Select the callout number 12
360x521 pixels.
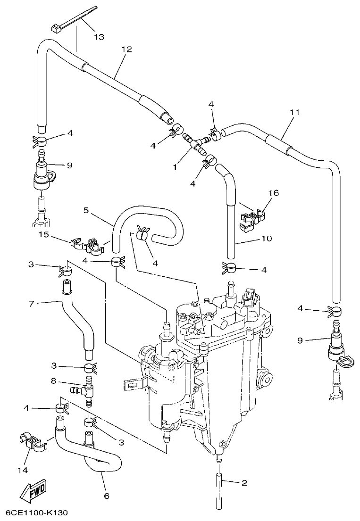pos(126,49)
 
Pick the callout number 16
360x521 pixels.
pos(274,192)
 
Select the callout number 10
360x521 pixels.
pos(266,239)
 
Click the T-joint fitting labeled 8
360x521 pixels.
pos(84,389)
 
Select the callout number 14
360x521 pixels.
pos(23,470)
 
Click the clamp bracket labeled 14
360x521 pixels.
pos(32,442)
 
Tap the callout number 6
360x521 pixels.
pos(106,496)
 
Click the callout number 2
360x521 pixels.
pos(244,483)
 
